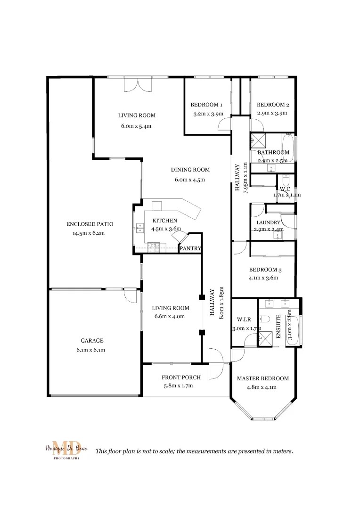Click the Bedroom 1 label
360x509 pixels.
[x=206, y=105]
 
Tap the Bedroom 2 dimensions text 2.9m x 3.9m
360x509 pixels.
[x=272, y=113]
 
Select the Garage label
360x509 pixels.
[x=92, y=341]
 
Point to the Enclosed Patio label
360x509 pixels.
[x=90, y=224]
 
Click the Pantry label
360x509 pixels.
[x=190, y=248]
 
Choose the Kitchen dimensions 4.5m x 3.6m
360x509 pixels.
[x=166, y=229]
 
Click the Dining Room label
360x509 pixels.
[x=190, y=170]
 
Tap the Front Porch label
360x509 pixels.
[x=181, y=378]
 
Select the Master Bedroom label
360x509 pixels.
[x=262, y=378]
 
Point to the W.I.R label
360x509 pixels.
[x=244, y=320]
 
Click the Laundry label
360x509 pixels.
[x=268, y=222]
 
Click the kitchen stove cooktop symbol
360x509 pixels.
[x=154, y=246]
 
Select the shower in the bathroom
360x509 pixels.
[x=258, y=140]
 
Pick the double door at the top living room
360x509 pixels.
[x=138, y=85]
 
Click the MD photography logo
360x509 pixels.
[x=63, y=450]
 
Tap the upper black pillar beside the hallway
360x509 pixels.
[x=202, y=298]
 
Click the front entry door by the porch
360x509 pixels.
[x=214, y=363]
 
